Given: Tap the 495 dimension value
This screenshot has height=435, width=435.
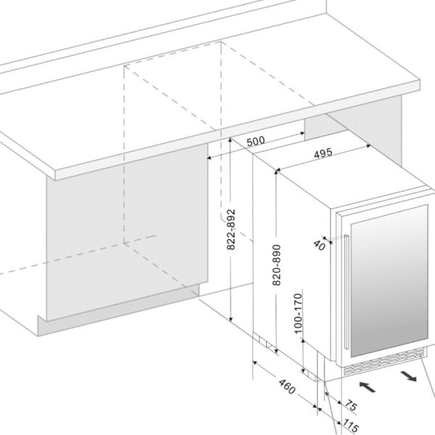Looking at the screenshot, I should (324, 154).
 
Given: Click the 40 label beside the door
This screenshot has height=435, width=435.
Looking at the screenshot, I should (320, 245).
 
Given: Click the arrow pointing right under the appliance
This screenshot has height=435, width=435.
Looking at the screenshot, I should (408, 376).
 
